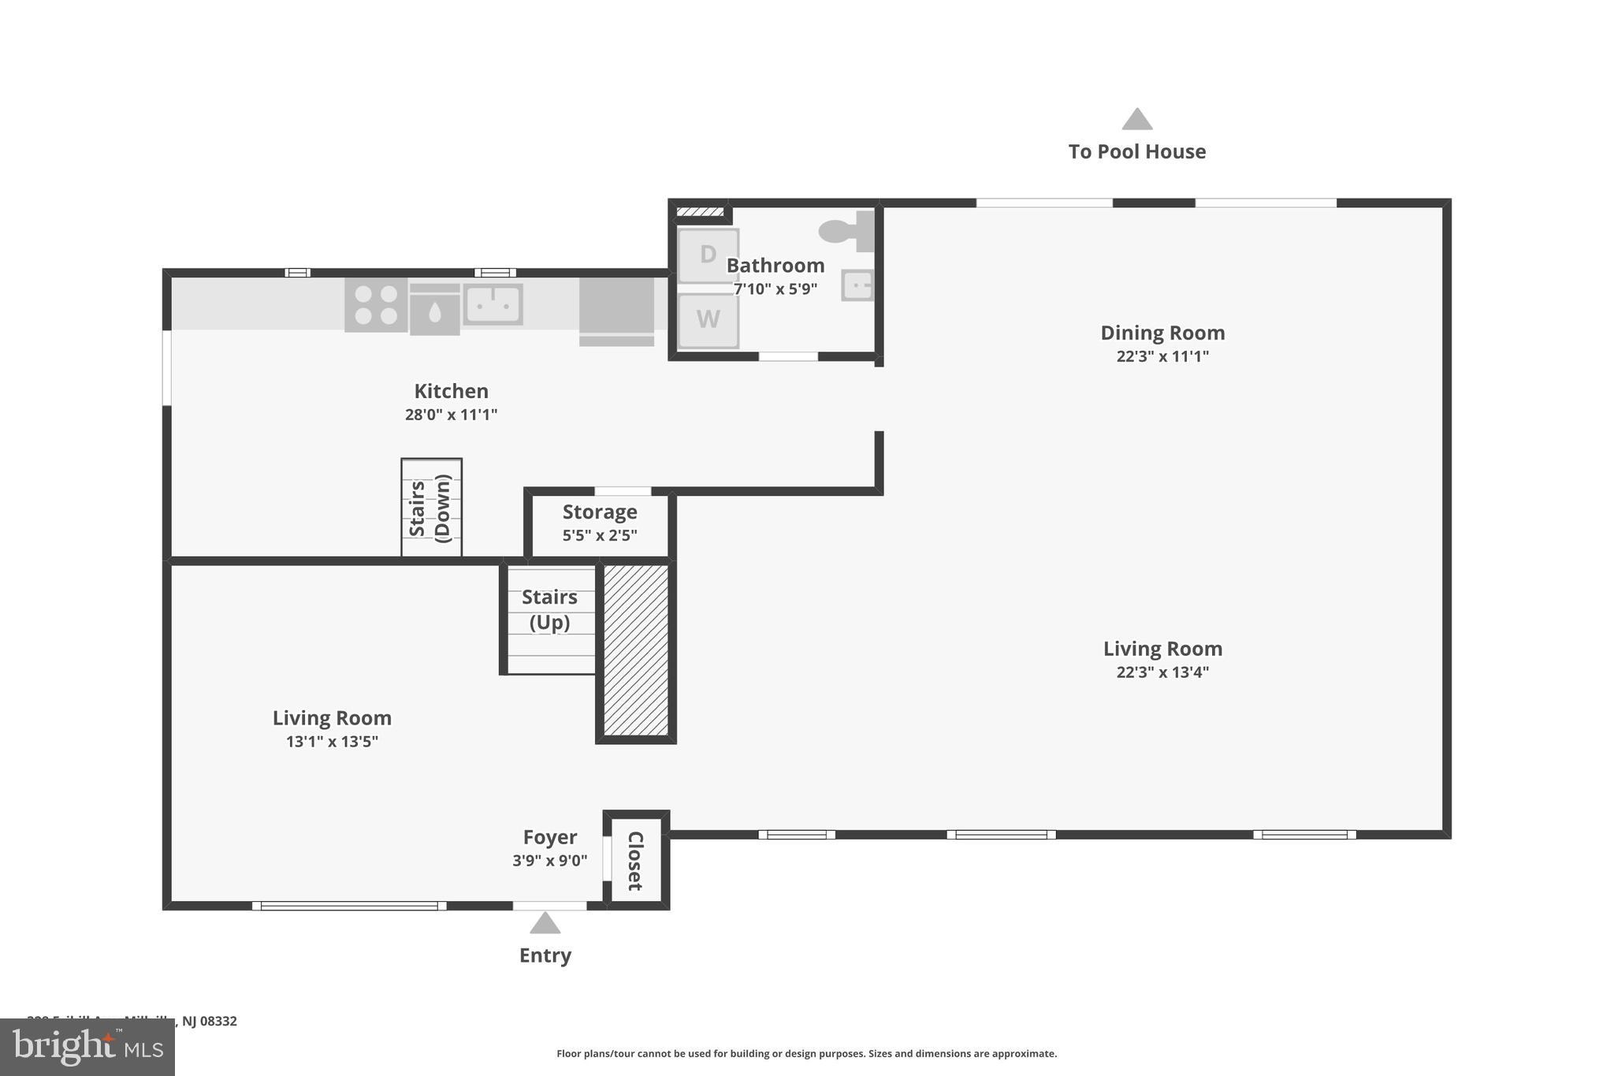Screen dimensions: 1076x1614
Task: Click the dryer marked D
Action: point(708,255)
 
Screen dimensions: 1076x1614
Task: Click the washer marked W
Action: point(708,320)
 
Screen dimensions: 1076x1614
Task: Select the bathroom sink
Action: point(857,285)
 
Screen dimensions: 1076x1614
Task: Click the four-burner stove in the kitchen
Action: point(376,305)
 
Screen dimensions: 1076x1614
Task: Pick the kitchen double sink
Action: point(493,303)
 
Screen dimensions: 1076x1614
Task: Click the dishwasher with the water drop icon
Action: point(434,310)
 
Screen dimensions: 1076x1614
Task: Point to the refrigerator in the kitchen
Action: point(616,310)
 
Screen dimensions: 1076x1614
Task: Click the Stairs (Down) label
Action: point(431,508)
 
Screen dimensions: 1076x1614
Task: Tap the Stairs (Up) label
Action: point(549,609)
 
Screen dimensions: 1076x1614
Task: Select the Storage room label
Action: point(600,512)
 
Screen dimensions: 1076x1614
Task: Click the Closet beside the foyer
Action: point(635,861)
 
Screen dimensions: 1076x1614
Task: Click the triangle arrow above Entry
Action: point(545,923)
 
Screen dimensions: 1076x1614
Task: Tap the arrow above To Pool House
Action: point(1136,120)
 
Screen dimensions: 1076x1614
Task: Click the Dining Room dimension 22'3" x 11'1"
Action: point(1162,356)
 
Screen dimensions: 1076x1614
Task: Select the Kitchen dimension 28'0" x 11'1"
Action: point(451,415)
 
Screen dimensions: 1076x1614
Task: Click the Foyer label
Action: point(550,837)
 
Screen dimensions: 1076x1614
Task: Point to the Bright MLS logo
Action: point(87,1048)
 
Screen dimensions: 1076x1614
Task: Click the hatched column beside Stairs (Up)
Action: point(635,650)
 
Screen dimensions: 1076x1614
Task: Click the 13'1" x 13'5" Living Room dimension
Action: point(332,742)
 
